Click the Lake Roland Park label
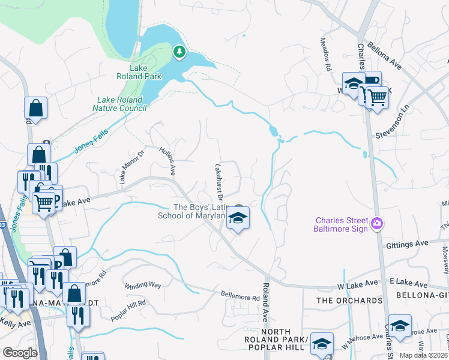pos(131,72)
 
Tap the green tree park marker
pos(179,52)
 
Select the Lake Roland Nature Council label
pos(119,104)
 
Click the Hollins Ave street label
pos(167,160)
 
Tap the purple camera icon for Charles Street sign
pos(376,223)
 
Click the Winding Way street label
pos(143,286)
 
